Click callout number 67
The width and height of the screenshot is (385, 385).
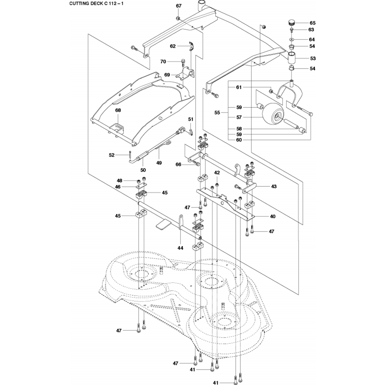[x=178, y=6]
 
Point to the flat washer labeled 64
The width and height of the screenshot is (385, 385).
[x=292, y=39]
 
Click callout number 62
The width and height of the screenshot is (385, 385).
[x=173, y=46]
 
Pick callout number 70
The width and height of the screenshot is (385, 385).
[x=163, y=62]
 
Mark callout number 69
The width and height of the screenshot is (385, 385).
[x=167, y=74]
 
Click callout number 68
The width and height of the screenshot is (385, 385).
[x=118, y=110]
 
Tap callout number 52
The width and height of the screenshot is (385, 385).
[x=112, y=155]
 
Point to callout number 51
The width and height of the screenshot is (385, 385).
[x=191, y=119]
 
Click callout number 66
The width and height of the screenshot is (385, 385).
[x=178, y=164]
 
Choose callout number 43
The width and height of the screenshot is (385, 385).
[x=274, y=186]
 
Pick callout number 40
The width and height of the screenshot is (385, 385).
[x=273, y=216]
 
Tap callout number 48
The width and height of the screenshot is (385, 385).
[x=119, y=181]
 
